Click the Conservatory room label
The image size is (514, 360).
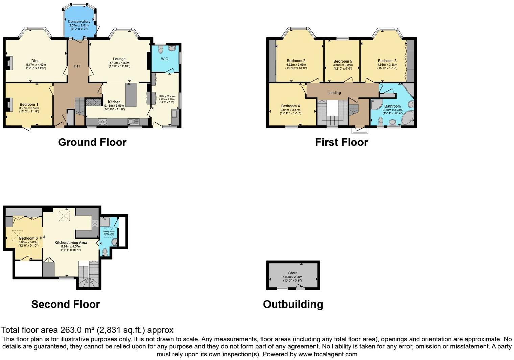click(79, 22)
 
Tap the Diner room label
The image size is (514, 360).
click(36, 61)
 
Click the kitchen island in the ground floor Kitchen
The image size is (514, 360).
click(131, 94)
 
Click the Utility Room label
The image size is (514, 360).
click(167, 96)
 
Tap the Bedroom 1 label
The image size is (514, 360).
click(29, 105)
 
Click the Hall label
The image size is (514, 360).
click(77, 66)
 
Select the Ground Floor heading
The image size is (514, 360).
click(92, 142)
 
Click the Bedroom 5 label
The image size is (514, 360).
click(343, 62)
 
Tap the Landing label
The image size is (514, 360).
click(334, 93)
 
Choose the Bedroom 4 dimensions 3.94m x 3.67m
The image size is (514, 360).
click(290, 110)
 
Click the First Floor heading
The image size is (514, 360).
click(341, 142)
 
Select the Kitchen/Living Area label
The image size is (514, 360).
click(71, 243)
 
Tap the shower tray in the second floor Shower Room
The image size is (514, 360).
click(105, 222)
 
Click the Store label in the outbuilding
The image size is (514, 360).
click(293, 273)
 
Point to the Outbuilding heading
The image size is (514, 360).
click(293, 305)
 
